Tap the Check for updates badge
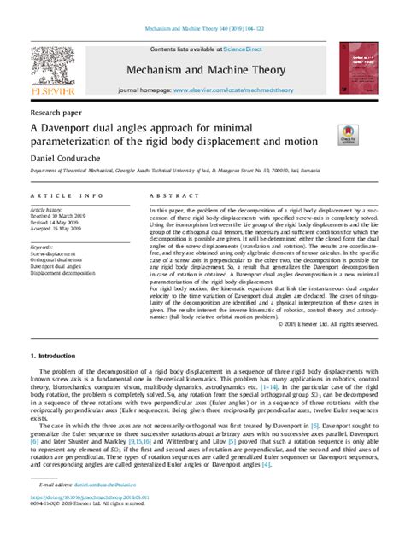coord(349,131)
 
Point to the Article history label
coord(46,208)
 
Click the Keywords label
coord(43,247)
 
